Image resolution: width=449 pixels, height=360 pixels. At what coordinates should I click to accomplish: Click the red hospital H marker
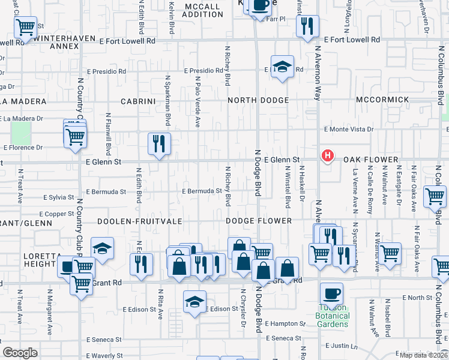click(x=327, y=157)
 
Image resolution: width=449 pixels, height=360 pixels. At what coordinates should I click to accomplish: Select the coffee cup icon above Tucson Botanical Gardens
click(x=331, y=294)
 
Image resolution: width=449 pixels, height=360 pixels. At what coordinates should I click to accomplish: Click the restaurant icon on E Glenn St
click(x=159, y=143)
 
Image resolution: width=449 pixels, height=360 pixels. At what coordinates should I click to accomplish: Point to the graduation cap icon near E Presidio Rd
click(x=282, y=67)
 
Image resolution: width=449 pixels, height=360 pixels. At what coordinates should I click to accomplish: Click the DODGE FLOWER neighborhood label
click(x=259, y=221)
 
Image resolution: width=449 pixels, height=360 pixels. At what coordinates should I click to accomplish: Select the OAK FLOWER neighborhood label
click(x=370, y=160)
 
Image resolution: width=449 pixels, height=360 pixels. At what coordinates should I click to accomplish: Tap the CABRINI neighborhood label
click(x=138, y=101)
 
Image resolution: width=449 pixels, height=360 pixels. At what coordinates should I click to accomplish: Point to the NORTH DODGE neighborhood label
click(x=258, y=100)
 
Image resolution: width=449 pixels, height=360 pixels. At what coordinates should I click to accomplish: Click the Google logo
click(x=20, y=353)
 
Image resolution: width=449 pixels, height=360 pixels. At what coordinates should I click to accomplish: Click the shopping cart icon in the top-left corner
click(x=26, y=26)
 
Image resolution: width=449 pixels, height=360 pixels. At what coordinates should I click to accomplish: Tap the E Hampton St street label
click(x=285, y=323)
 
